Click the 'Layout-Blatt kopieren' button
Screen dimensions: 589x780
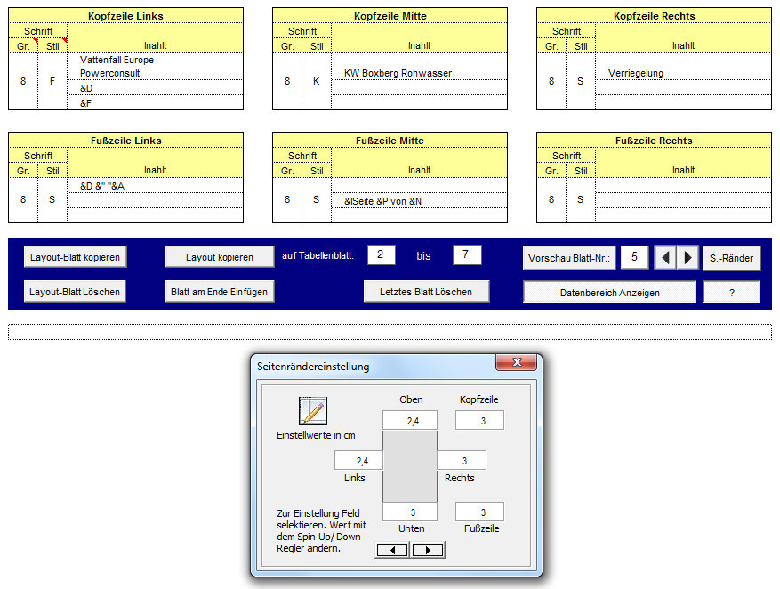tap(76, 257)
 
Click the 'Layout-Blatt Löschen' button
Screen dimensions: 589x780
tap(76, 292)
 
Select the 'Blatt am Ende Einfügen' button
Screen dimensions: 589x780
tap(220, 292)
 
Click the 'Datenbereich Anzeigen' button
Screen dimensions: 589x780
tap(609, 292)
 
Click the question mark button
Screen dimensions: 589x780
tap(731, 292)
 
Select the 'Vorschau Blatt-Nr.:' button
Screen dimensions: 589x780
tap(569, 258)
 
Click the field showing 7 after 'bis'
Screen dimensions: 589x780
tap(467, 255)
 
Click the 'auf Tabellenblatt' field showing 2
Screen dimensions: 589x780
tap(381, 255)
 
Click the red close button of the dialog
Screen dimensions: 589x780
tap(515, 364)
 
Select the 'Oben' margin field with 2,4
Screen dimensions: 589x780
tap(410, 421)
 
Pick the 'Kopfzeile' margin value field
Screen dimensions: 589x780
tap(479, 421)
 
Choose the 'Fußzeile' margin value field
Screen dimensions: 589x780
tap(479, 512)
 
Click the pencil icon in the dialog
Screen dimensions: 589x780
tap(313, 411)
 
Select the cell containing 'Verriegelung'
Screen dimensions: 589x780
tap(682, 73)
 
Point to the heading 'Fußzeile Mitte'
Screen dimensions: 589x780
tap(390, 141)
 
